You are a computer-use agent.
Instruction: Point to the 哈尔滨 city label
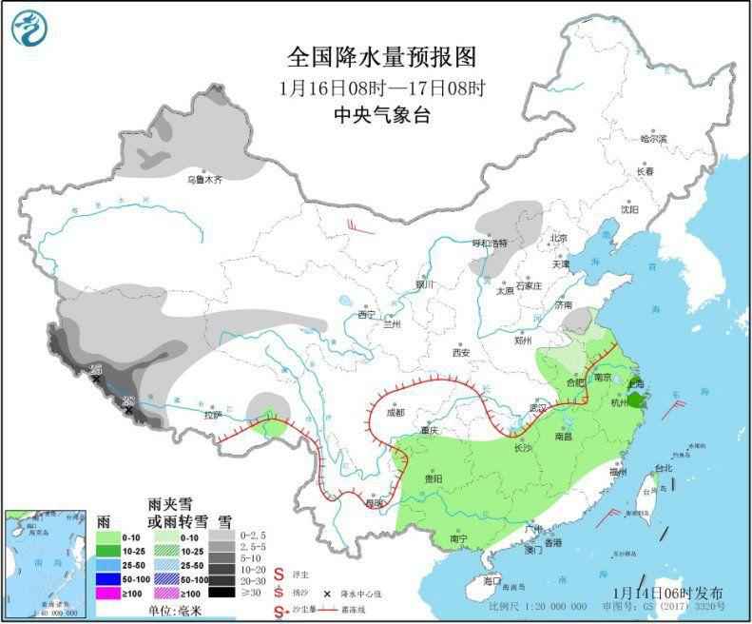pos(653,139)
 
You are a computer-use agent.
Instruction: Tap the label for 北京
pos(557,238)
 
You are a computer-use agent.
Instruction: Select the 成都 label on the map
pos(395,412)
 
